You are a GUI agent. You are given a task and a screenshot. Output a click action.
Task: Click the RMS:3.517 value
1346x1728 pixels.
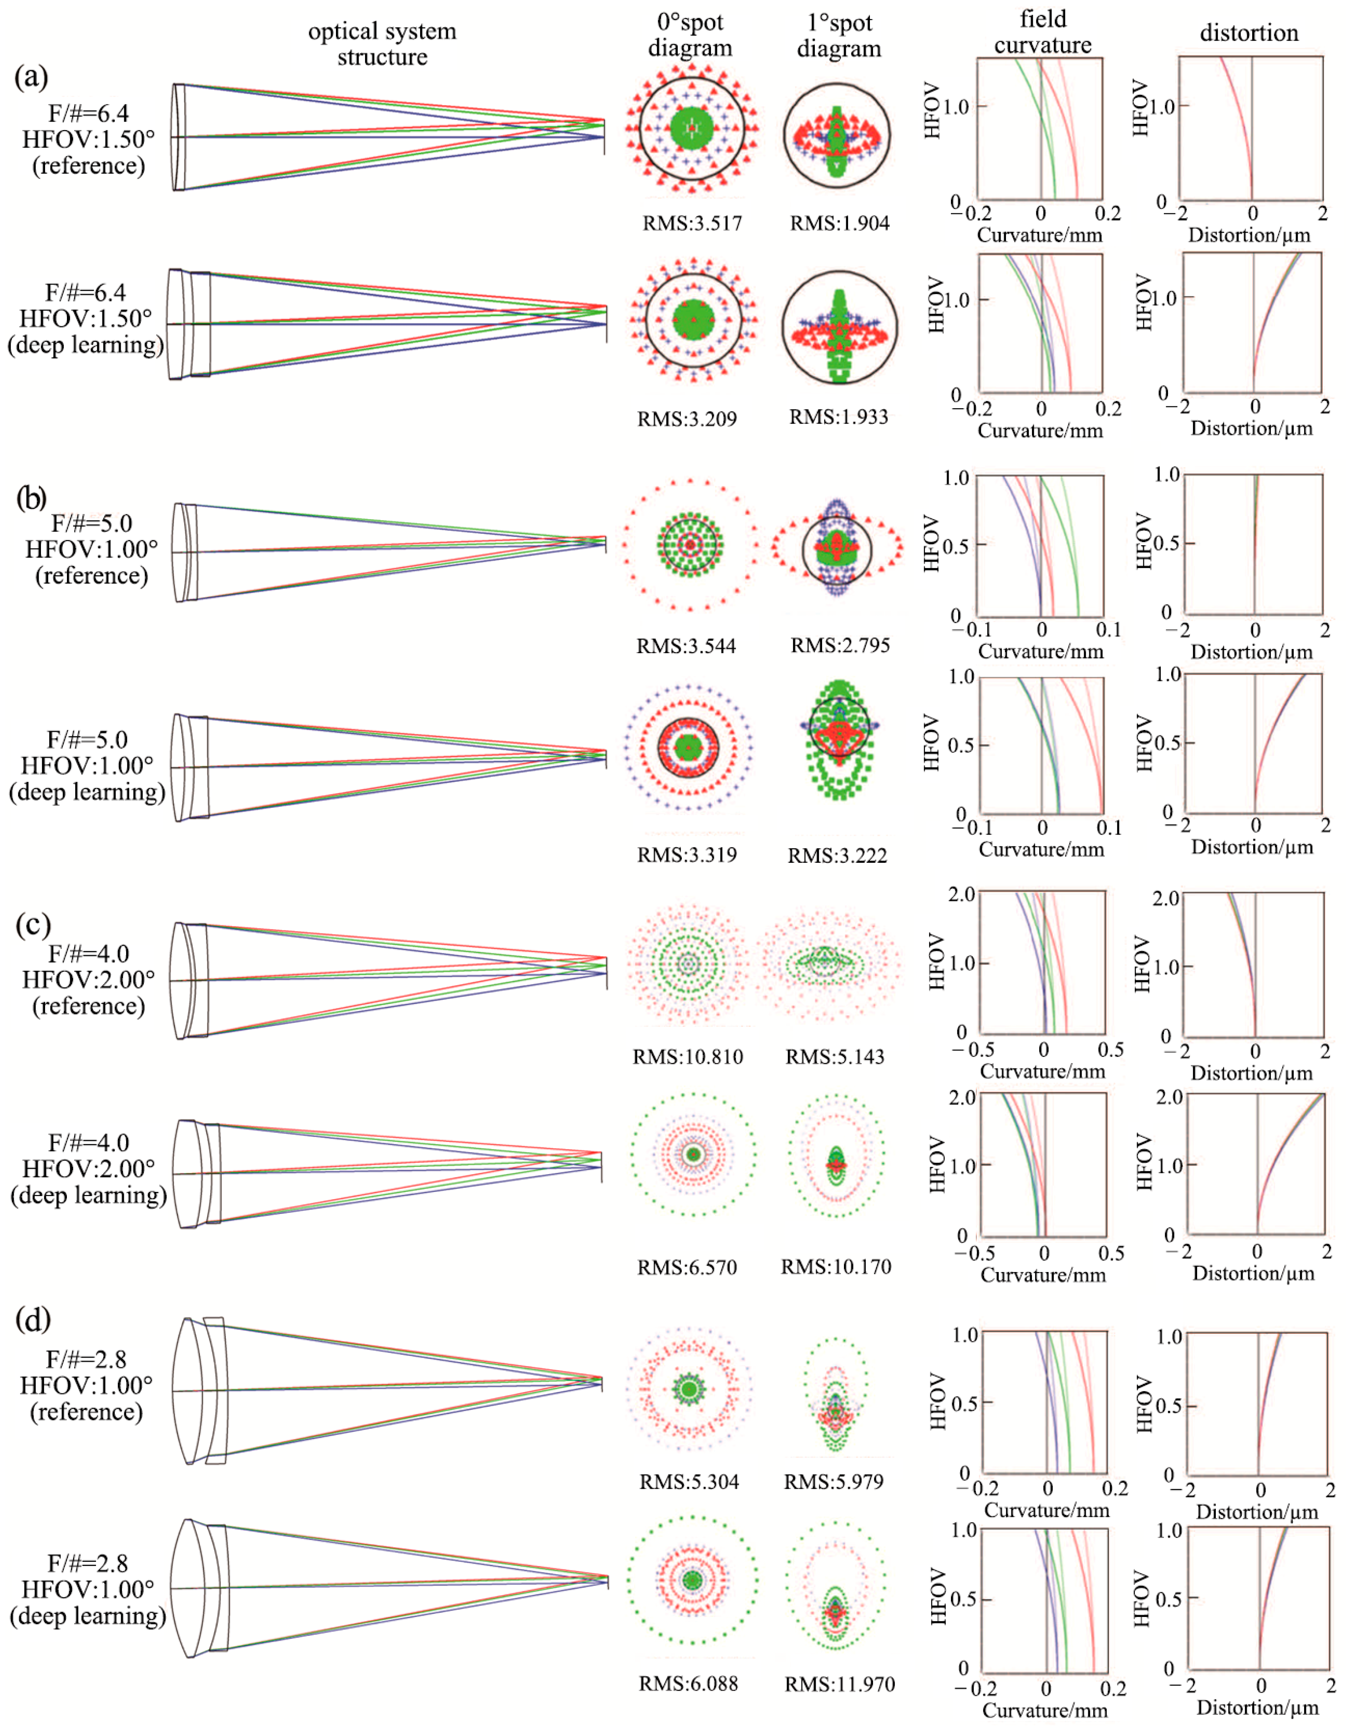tap(691, 223)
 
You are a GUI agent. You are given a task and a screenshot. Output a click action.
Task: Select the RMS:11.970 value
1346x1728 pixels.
tap(839, 1684)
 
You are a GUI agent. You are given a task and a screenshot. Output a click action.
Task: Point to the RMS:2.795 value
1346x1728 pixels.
tap(839, 645)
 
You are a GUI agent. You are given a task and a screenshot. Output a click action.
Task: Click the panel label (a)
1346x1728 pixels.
tap(32, 77)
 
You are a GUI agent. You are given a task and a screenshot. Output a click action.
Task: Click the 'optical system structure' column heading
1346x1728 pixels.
tap(382, 44)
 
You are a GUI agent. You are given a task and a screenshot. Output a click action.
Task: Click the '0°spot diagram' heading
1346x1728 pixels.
tap(690, 35)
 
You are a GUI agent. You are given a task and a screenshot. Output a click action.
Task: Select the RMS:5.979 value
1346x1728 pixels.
tap(833, 1481)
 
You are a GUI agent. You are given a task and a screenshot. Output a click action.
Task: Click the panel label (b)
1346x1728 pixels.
tap(32, 498)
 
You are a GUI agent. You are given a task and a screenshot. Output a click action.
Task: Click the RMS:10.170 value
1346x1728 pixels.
tap(836, 1266)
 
